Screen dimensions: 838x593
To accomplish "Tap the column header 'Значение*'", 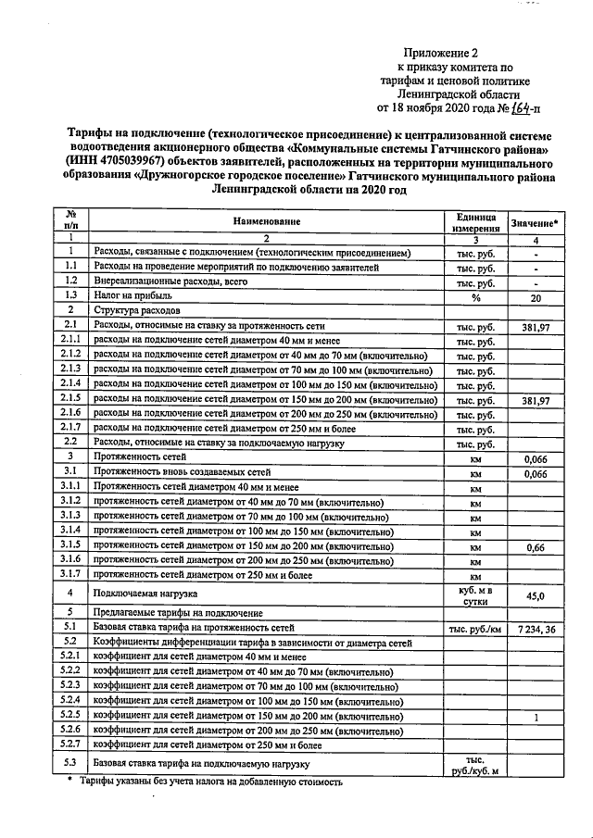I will [x=535, y=223].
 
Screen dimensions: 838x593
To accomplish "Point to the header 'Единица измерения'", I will [x=476, y=221].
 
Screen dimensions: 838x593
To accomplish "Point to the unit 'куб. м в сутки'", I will [x=475, y=594].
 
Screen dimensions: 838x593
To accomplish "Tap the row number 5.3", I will [x=69, y=764].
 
